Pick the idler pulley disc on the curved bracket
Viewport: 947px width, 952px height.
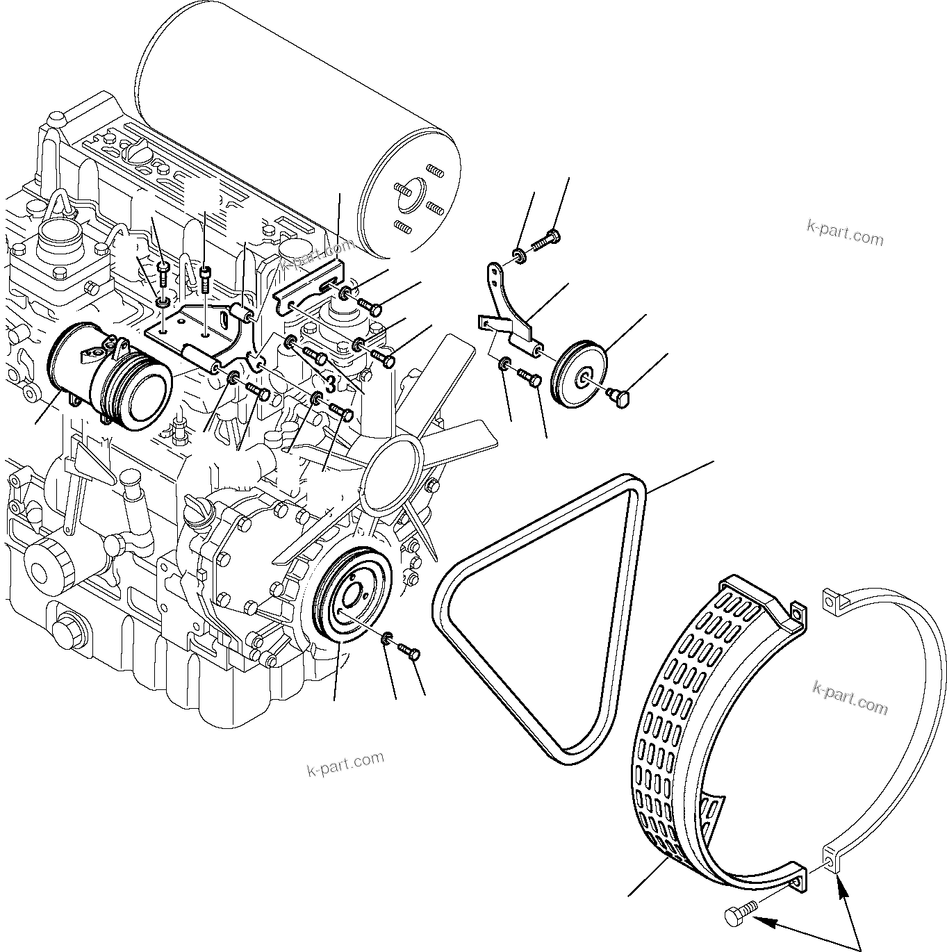click(x=579, y=375)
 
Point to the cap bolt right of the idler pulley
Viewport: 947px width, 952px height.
click(x=619, y=396)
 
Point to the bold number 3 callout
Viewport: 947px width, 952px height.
click(x=332, y=382)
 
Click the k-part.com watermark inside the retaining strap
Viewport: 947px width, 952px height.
click(x=850, y=696)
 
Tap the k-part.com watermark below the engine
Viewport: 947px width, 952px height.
click(x=345, y=764)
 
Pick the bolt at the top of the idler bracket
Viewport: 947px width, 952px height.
click(x=546, y=240)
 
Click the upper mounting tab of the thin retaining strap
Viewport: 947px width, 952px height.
click(x=832, y=600)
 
